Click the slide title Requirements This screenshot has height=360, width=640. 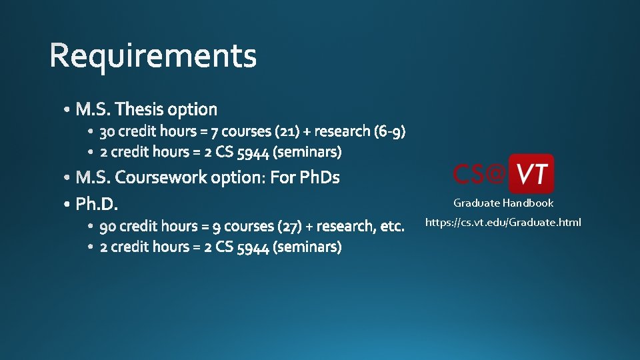153,56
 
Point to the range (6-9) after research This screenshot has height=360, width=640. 390,131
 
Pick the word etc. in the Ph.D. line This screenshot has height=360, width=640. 392,227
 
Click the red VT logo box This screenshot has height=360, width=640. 531,173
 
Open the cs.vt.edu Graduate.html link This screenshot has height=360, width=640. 503,222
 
